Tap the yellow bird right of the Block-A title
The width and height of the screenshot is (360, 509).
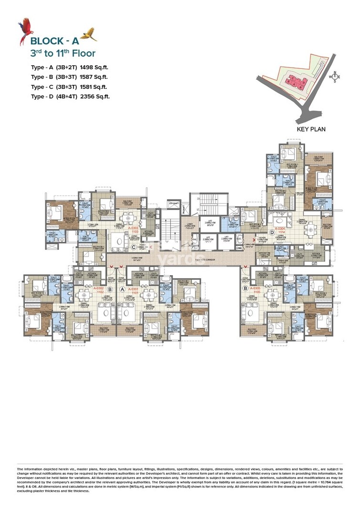pos(89,33)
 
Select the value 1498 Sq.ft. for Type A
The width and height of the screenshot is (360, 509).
pos(94,67)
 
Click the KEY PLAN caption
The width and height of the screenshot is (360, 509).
pos(310,129)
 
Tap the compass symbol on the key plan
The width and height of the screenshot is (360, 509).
pos(336,76)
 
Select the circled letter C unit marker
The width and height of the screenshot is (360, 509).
pos(134,247)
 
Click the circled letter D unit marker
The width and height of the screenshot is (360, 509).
pos(272,232)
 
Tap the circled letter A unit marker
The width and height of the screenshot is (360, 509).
pos(122,289)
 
